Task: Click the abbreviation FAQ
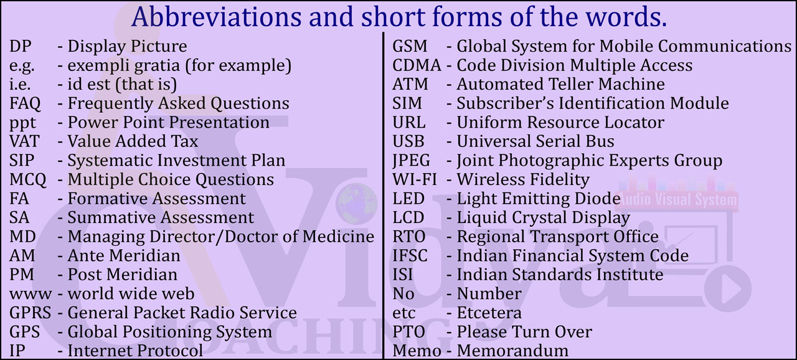pyautogui.click(x=25, y=104)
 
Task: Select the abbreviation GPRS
pyautogui.click(x=31, y=313)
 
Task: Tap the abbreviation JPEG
pyautogui.click(x=411, y=161)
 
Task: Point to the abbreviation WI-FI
pyautogui.click(x=414, y=179)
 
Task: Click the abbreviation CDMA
pyautogui.click(x=417, y=65)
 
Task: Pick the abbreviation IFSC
pyautogui.click(x=410, y=256)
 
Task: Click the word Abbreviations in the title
pyautogui.click(x=216, y=17)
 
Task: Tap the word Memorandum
pyautogui.click(x=512, y=351)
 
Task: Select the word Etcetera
pyautogui.click(x=489, y=313)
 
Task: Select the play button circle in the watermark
pyautogui.click(x=728, y=288)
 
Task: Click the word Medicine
pyautogui.click(x=338, y=237)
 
